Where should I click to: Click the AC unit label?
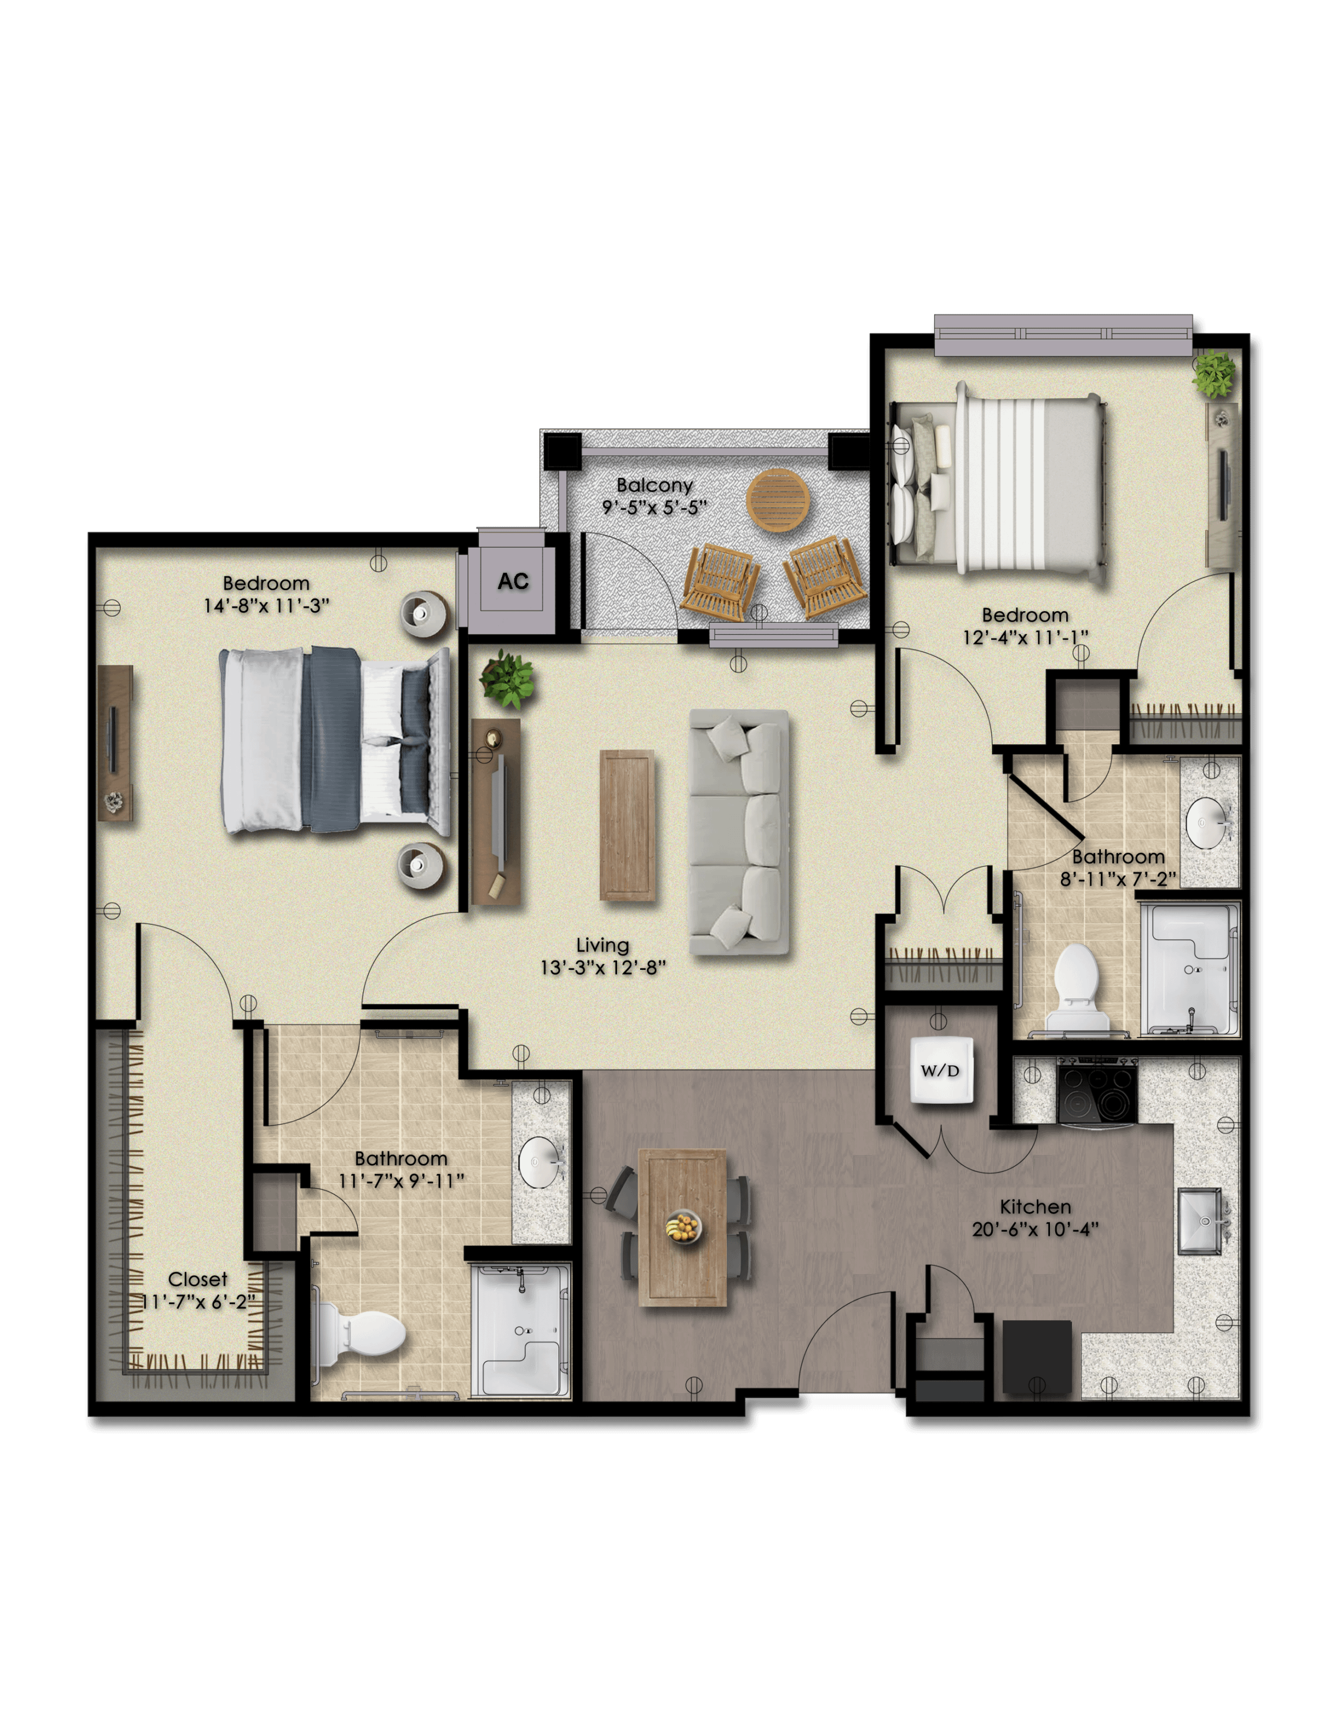[513, 581]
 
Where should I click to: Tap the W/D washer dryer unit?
[941, 1070]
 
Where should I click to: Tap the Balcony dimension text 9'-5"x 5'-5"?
[654, 507]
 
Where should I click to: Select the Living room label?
[603, 945]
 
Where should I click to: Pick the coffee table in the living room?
[627, 825]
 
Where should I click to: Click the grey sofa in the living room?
[739, 831]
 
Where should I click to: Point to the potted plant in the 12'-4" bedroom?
[1213, 374]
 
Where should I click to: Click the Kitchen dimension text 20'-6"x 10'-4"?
[1035, 1228]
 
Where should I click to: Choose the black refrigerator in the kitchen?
[1037, 1356]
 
